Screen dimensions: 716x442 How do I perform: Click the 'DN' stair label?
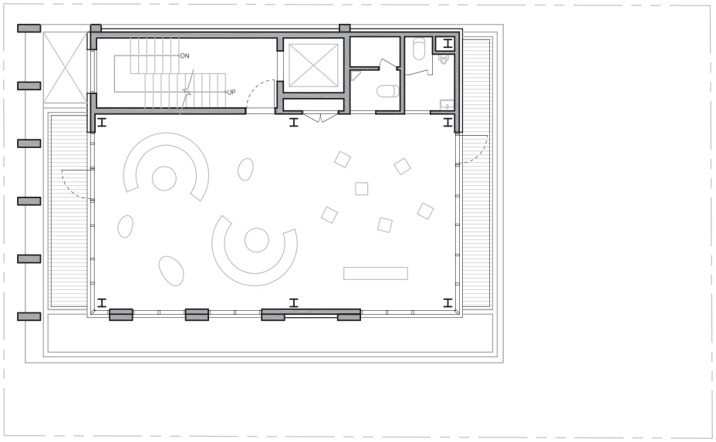(185, 56)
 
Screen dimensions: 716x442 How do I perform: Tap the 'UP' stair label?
(231, 93)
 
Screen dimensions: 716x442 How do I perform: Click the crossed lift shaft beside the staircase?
(313, 66)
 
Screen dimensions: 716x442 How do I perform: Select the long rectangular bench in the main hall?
(375, 273)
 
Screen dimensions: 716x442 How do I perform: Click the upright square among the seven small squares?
(362, 188)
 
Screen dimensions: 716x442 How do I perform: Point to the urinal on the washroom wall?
(443, 59)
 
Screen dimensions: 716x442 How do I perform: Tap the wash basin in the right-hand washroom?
(447, 105)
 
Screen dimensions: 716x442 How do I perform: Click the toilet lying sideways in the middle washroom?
(387, 91)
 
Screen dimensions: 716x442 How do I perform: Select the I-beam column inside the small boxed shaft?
(447, 44)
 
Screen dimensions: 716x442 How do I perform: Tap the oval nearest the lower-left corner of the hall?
(171, 271)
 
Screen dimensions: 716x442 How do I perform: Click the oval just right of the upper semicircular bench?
(245, 170)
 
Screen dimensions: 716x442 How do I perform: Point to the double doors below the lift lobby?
(320, 117)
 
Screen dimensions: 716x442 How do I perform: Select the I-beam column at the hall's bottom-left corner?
(102, 302)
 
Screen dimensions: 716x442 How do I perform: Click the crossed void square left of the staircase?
(66, 68)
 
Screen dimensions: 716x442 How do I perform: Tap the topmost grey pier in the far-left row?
(29, 29)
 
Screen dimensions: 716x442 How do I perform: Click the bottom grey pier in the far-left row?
(29, 316)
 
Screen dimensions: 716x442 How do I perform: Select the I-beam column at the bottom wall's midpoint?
(294, 302)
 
